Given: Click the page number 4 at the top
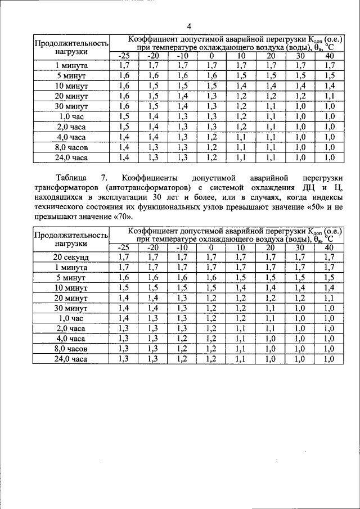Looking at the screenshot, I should [190, 26].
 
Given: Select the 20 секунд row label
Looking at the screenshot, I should [71, 258].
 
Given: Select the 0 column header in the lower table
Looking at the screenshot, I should [211, 248].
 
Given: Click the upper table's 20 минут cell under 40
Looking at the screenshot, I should [330, 96].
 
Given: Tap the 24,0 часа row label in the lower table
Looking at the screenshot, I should [71, 359].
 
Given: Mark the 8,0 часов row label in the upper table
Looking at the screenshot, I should [71, 147].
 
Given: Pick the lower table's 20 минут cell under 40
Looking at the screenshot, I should [330, 298].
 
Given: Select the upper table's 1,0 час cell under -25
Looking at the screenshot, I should [124, 116].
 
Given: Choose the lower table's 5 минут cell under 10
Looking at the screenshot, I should [241, 278].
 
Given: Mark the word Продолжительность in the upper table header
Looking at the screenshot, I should [71, 43].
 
